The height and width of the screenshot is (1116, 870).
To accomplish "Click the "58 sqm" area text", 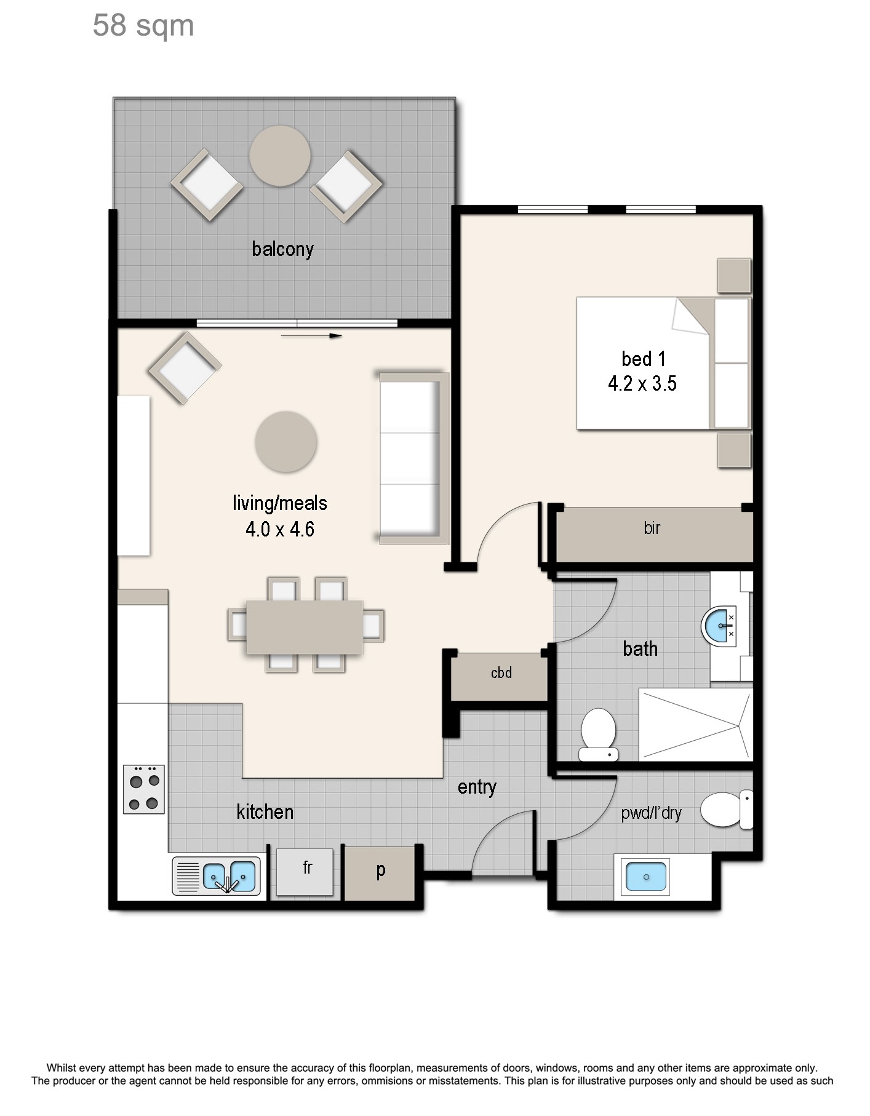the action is tap(143, 26).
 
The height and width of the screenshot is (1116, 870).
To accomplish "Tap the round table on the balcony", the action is tap(280, 156).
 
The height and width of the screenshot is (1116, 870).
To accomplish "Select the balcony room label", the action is tap(283, 249).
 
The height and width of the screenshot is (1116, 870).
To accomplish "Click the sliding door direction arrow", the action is tap(311, 336).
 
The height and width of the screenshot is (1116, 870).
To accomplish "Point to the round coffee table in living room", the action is tap(286, 442).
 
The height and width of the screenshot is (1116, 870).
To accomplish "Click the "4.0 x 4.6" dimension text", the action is tap(280, 529).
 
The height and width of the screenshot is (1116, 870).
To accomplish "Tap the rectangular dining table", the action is tap(305, 627).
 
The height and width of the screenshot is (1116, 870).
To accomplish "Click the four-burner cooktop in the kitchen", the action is tap(144, 789).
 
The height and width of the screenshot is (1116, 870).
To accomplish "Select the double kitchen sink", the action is tap(217, 876).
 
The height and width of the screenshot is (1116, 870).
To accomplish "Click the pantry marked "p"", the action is tap(380, 873).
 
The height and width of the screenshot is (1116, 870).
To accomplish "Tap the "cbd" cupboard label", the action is tap(501, 673).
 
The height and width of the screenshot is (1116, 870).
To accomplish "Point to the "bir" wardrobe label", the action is tap(652, 528).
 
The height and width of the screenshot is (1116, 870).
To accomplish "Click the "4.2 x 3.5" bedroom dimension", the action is tap(642, 383).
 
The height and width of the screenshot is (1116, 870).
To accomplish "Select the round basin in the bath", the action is tap(718, 626).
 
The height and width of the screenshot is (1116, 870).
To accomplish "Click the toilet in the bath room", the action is tap(599, 735).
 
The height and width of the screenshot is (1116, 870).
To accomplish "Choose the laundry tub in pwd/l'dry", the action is tap(646, 877).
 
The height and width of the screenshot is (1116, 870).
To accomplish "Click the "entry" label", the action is tap(477, 787).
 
